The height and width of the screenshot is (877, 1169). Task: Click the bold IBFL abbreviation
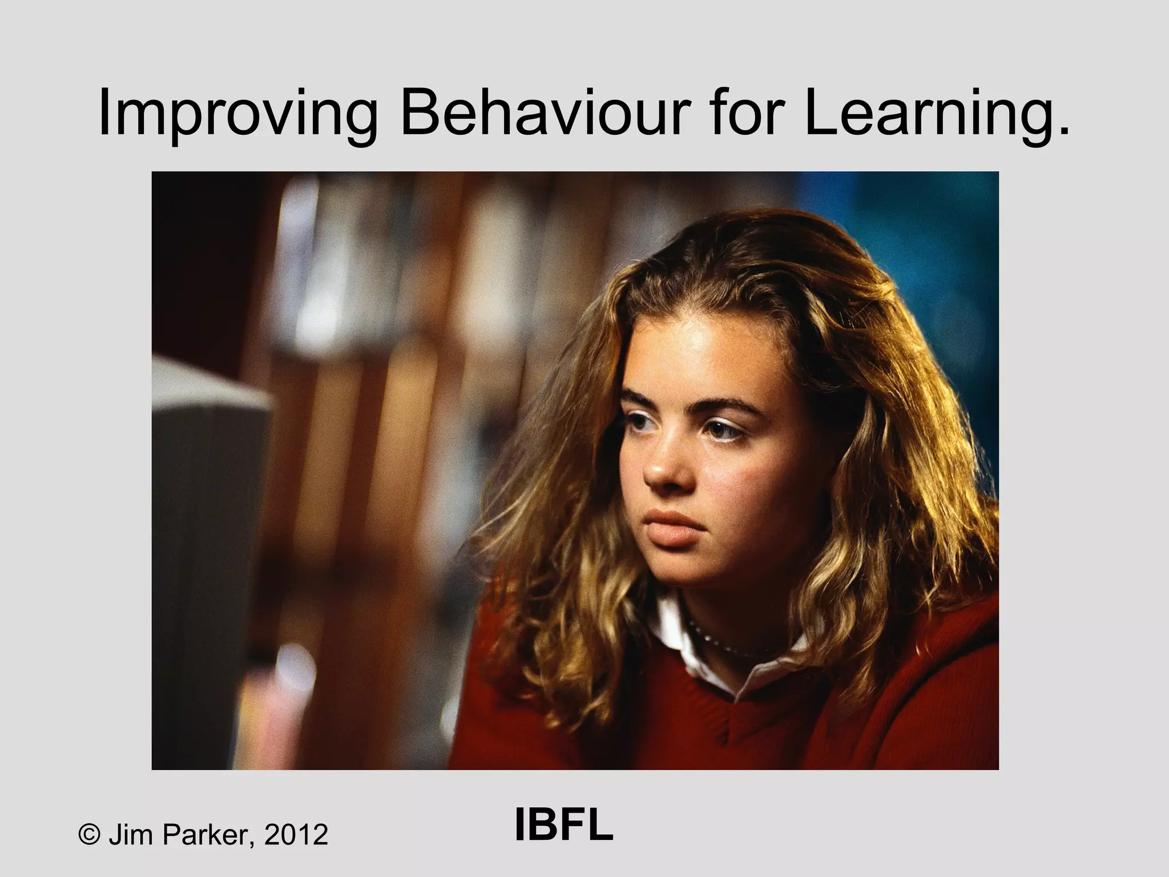(563, 826)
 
